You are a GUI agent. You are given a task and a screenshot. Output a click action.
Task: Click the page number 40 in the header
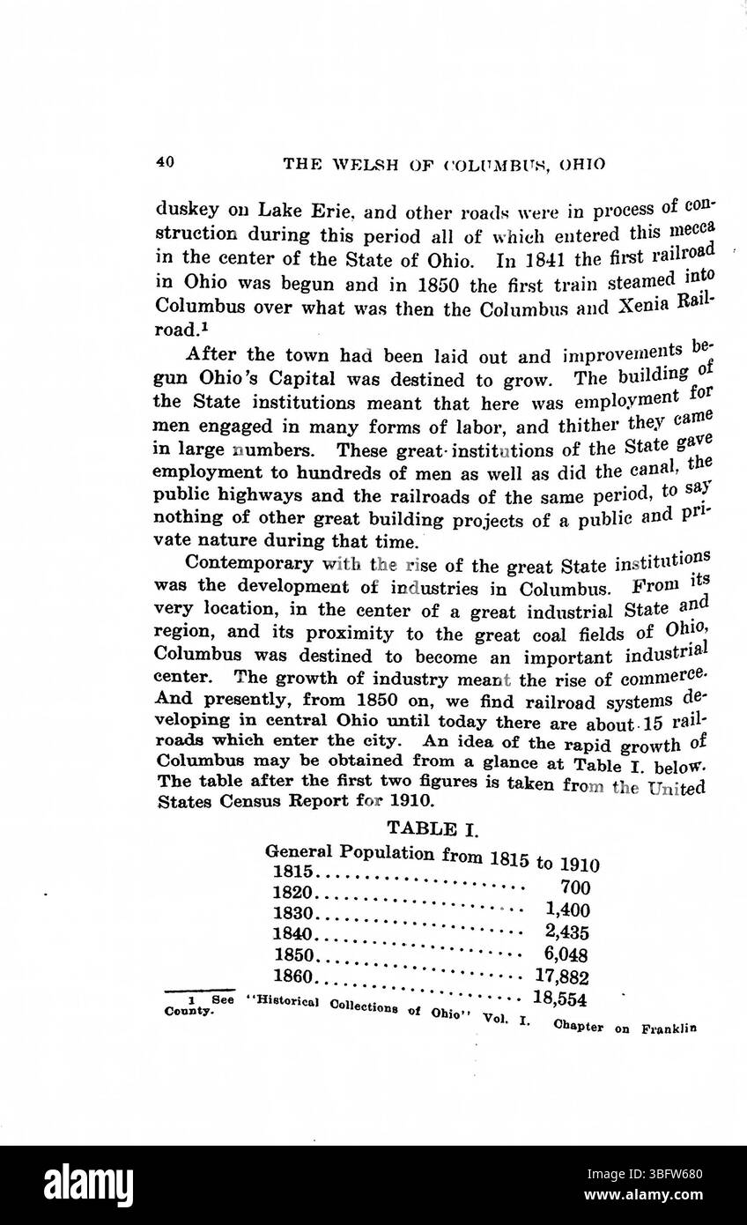tap(164, 161)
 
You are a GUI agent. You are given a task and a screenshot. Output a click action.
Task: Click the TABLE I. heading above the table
tap(431, 828)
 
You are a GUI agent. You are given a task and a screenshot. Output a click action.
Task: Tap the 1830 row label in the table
tap(293, 912)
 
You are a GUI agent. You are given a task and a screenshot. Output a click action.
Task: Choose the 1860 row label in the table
tap(293, 976)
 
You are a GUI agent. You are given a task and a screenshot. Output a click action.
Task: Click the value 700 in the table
tap(574, 888)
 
